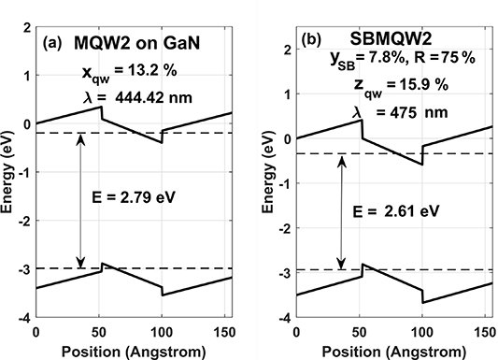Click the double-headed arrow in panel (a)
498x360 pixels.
[x=81, y=200]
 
